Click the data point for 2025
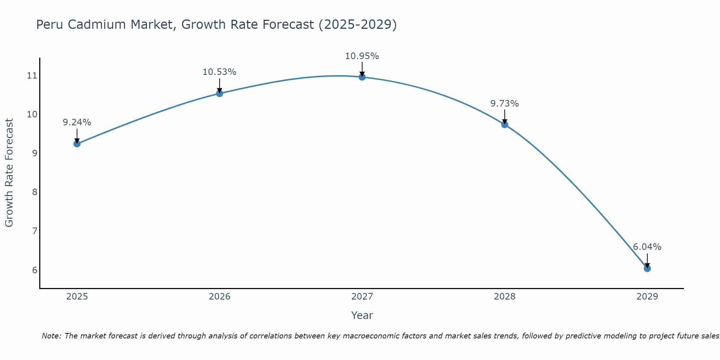click(77, 144)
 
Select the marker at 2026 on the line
click(220, 94)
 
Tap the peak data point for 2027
click(362, 77)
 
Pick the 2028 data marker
click(505, 125)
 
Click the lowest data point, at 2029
click(647, 269)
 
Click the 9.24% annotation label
click(77, 122)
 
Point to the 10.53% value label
click(219, 72)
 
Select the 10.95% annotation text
click(362, 56)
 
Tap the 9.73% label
click(504, 104)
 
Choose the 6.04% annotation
click(647, 247)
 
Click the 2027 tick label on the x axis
click(362, 297)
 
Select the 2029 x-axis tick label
click(647, 297)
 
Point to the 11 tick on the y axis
click(32, 76)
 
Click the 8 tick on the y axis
click(35, 192)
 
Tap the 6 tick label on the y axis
click(35, 270)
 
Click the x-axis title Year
click(362, 315)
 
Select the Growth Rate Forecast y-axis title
click(9, 173)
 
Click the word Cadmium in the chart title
click(150, 24)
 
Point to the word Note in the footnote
click(51, 336)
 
